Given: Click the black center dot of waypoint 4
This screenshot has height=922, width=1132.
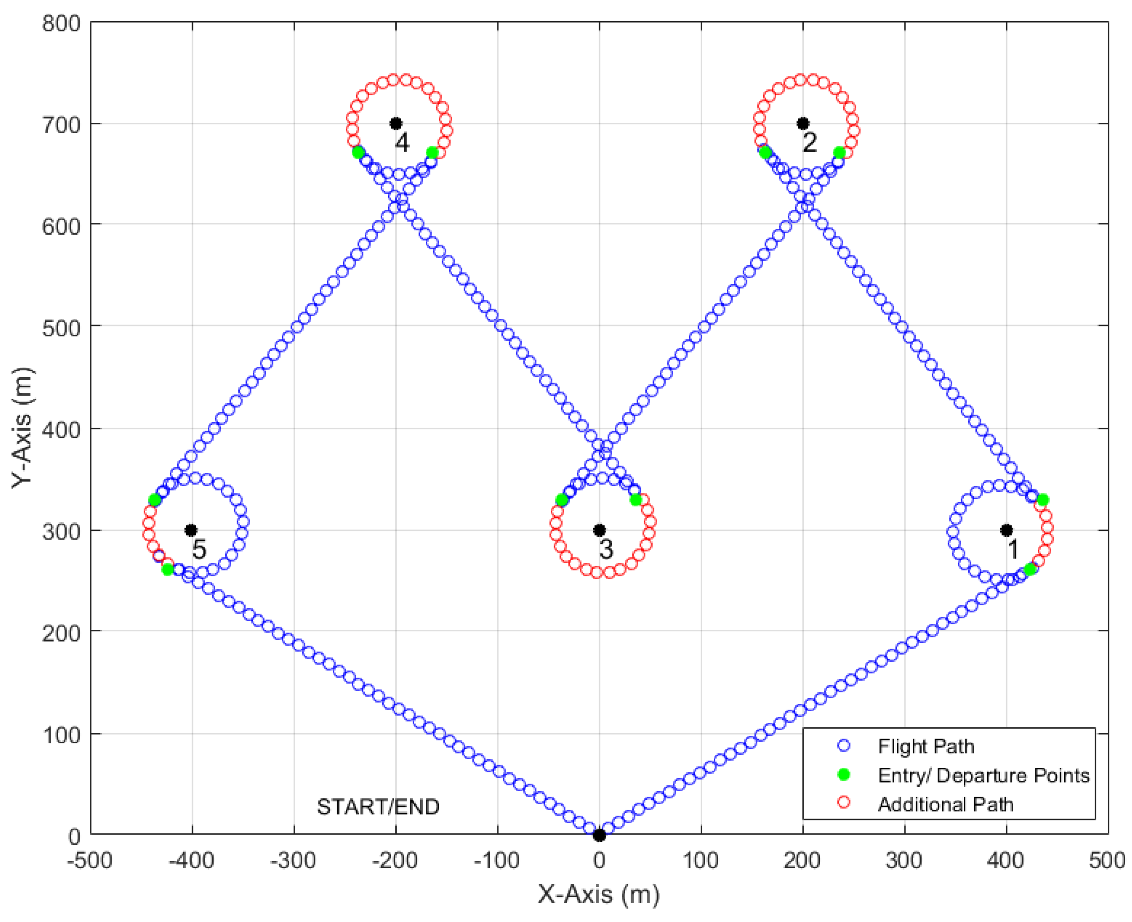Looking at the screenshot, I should [395, 123].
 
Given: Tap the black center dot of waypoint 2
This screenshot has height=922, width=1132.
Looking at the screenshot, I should [803, 123].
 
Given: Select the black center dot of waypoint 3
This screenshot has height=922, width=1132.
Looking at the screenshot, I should [599, 530].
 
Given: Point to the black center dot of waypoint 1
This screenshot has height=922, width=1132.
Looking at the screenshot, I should [1006, 530].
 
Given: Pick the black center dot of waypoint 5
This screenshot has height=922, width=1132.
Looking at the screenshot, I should [191, 530].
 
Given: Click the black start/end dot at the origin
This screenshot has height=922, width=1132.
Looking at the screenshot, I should [599, 835].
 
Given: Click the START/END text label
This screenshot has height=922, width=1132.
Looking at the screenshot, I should [378, 807].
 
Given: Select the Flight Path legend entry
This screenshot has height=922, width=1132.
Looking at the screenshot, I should [926, 747].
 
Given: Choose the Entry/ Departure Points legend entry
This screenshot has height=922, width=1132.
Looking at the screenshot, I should [983, 775].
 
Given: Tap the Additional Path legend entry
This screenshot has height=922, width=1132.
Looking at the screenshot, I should [945, 805].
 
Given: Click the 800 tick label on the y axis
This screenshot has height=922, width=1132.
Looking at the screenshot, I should [61, 23].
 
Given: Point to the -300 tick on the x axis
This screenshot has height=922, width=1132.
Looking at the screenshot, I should [293, 860].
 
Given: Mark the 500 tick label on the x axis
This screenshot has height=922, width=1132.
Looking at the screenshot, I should [1107, 860].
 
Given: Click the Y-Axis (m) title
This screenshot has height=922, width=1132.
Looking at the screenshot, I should [23, 428].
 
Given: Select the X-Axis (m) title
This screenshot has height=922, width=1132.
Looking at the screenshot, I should [599, 895].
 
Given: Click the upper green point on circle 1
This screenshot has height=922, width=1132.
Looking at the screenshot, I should [1042, 500].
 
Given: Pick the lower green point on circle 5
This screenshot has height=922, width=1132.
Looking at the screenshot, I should [167, 570].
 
